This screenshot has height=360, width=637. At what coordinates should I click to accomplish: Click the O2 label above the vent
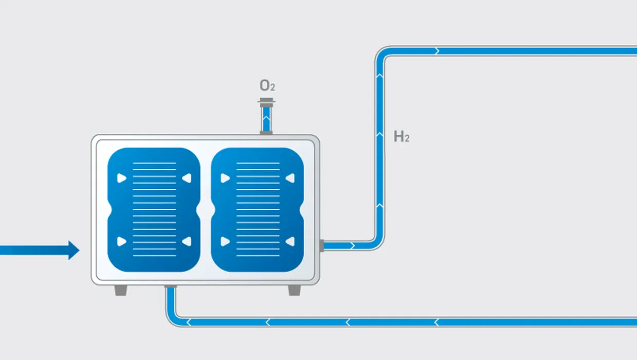click(x=267, y=85)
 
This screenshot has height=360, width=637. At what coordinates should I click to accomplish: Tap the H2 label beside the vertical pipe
click(x=402, y=136)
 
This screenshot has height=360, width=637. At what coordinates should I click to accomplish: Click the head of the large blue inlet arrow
click(x=74, y=250)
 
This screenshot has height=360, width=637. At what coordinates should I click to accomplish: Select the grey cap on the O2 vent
click(x=266, y=102)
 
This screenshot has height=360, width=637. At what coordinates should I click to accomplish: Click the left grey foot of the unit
click(x=121, y=291)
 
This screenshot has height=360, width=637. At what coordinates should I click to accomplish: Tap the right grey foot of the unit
click(x=294, y=291)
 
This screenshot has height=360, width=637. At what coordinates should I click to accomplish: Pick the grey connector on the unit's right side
click(x=322, y=246)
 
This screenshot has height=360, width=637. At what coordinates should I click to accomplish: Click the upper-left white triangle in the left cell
click(x=121, y=178)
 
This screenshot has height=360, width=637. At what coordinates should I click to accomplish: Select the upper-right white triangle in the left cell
click(x=187, y=178)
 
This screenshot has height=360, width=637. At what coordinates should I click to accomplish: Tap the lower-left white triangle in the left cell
click(x=121, y=241)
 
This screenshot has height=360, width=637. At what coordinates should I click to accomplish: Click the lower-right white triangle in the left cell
click(x=187, y=241)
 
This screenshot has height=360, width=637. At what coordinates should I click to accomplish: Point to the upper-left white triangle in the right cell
click(x=225, y=178)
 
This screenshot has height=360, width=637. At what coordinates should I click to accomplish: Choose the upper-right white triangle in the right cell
click(x=290, y=178)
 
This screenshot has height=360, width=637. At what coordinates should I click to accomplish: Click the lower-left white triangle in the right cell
click(x=225, y=241)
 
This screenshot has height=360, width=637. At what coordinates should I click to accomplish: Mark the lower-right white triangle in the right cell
click(x=290, y=241)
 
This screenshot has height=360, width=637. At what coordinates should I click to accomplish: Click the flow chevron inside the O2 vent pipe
click(x=266, y=117)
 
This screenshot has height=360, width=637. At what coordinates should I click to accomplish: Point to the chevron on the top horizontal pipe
click(x=438, y=51)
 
